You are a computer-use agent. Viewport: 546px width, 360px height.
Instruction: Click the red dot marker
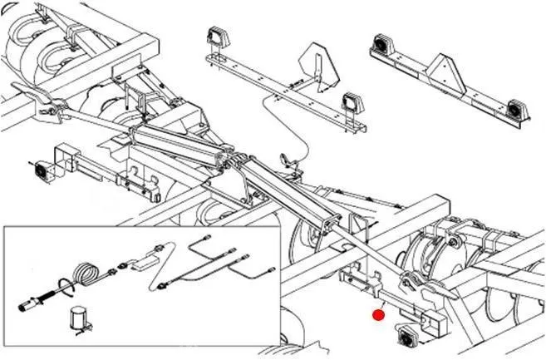378,314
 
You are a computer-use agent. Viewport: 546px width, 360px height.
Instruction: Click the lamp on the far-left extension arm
40,172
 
